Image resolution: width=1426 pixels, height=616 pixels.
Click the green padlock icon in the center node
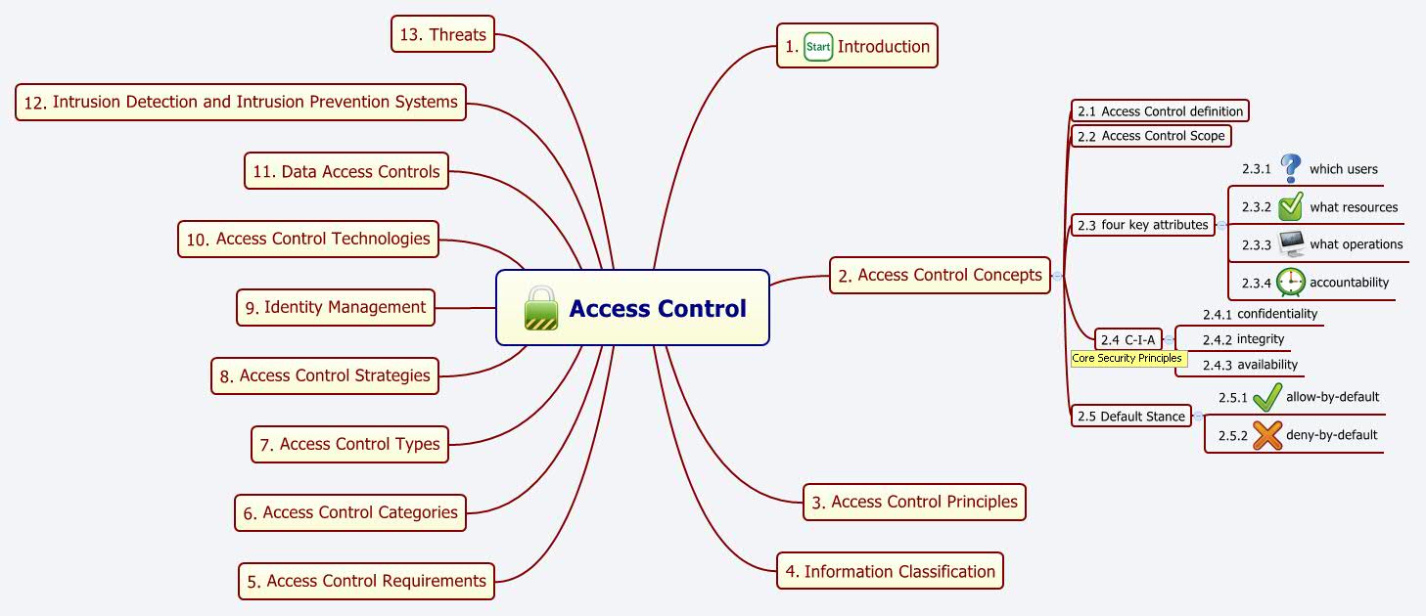541,308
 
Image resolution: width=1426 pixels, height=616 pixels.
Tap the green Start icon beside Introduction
817,46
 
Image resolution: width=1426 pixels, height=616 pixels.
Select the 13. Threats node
443,35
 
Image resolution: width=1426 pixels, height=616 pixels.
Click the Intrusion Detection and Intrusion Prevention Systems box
241,102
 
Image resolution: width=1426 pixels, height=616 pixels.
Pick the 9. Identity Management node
336,307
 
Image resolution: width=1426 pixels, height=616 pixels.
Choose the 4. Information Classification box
891,572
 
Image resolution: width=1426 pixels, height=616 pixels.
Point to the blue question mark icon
1291,168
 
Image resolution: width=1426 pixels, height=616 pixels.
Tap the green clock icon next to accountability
1291,282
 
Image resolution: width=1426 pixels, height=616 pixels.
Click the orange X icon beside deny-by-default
1267,434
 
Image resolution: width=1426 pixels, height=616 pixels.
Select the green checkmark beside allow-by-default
1267,397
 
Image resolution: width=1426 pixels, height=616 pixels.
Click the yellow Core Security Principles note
1127,359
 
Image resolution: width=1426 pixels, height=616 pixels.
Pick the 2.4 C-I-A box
1128,340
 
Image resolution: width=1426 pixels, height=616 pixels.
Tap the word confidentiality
1277,314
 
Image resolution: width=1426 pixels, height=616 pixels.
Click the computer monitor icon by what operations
1291,244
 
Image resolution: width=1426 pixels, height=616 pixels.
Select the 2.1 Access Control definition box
1161,111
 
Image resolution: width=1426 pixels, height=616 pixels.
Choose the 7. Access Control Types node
350,444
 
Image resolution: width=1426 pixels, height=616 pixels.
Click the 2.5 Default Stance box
1131,417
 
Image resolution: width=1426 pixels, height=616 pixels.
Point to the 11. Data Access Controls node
346,172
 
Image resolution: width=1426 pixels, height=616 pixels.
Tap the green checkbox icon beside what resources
1291,206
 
